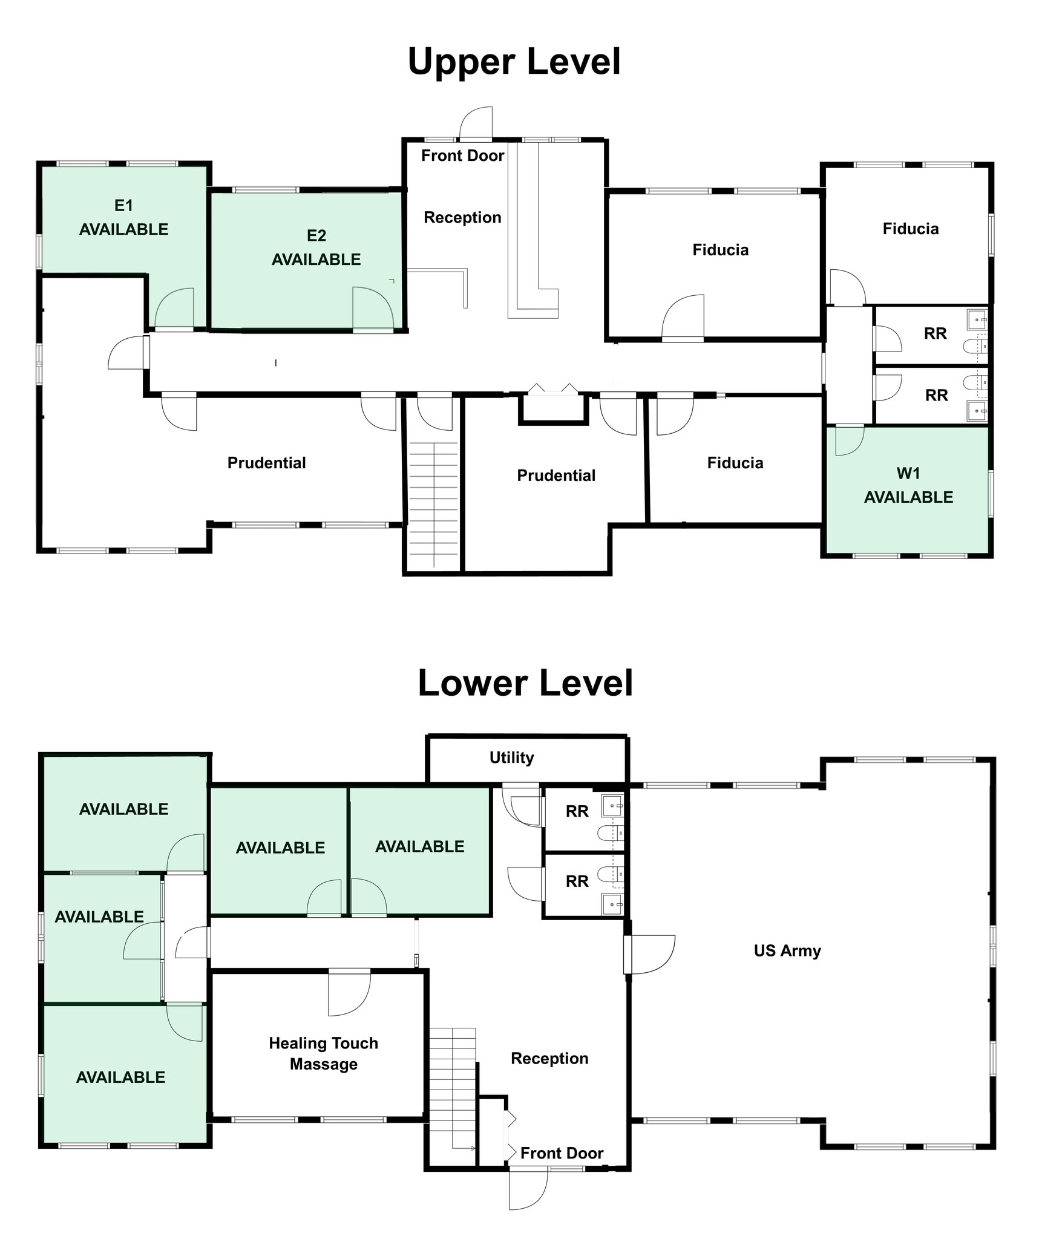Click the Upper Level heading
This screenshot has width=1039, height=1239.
tap(514, 62)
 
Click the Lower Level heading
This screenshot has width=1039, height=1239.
tap(525, 683)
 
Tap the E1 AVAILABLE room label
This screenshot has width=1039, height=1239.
tap(123, 217)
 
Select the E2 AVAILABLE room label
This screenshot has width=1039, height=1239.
tap(316, 247)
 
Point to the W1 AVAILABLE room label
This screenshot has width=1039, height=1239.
tap(908, 485)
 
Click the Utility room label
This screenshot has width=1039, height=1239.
tap(511, 757)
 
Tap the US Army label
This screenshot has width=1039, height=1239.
tap(787, 950)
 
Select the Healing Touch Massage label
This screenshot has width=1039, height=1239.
tap(323, 1053)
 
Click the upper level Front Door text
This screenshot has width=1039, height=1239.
tap(462, 155)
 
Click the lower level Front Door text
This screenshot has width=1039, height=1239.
tap(562, 1153)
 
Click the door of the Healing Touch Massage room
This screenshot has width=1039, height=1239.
tap(349, 992)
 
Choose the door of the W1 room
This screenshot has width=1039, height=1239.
tap(849, 440)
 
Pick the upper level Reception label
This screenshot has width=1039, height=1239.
tap(462, 217)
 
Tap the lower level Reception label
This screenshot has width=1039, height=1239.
tap(549, 1058)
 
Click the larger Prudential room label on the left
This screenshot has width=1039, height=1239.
tap(266, 463)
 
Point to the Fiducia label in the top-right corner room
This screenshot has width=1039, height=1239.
tap(910, 229)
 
